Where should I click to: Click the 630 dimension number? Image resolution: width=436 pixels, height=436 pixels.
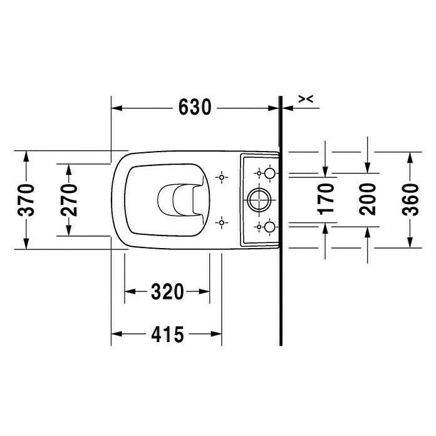(195, 107)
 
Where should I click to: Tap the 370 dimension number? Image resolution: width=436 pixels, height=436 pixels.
(26, 200)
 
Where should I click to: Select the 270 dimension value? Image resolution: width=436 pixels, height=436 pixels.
(69, 200)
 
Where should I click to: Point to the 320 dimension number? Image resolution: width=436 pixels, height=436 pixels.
(167, 291)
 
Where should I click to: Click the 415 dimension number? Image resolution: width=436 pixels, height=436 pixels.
(167, 334)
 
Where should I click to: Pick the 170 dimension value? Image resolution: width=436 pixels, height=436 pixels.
(325, 199)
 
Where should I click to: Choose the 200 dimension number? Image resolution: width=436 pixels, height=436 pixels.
(367, 199)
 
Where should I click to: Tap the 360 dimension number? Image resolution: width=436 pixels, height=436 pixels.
(410, 199)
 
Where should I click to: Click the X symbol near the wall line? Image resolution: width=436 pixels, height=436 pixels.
(306, 99)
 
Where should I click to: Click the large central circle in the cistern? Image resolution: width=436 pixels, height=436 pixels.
(259, 189)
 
